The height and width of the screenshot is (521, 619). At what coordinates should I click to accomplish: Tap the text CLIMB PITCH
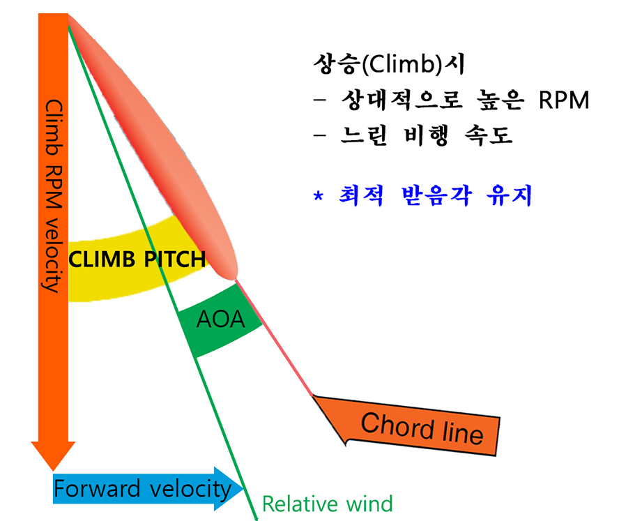137,260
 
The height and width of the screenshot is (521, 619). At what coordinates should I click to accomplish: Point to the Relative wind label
327,504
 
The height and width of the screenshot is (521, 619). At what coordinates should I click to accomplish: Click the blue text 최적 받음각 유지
431,196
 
